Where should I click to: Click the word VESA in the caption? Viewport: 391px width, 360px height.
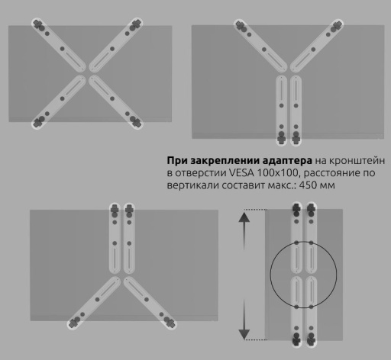click(242, 173)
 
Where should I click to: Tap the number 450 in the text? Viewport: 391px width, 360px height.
click(307, 185)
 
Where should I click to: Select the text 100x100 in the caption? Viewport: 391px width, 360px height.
click(277, 173)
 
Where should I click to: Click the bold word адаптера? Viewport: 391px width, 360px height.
click(287, 161)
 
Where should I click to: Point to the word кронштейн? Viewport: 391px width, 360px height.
click(357, 161)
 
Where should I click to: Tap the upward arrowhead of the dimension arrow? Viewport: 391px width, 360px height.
click(244, 217)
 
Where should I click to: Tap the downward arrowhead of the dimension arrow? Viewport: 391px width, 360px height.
click(244, 333)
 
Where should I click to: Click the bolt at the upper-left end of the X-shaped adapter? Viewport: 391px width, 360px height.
click(38, 24)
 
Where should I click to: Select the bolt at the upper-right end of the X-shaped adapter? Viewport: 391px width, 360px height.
click(135, 24)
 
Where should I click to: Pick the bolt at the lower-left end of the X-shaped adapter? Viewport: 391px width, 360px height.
click(38, 122)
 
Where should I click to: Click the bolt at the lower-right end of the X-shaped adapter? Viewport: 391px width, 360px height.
click(136, 122)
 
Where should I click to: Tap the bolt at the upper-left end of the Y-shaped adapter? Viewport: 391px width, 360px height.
click(240, 26)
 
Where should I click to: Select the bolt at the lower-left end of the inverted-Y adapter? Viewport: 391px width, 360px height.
click(74, 323)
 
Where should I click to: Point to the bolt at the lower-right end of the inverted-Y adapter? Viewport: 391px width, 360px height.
click(170, 322)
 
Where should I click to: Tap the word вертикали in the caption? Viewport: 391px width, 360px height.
click(192, 185)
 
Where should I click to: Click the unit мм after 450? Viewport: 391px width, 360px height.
click(327, 185)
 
